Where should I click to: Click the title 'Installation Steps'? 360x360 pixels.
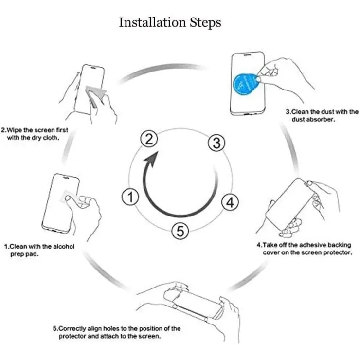point(170,23)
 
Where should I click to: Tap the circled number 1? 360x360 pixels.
point(130,197)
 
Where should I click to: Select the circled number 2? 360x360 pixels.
point(149,139)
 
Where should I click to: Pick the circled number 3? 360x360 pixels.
point(216,143)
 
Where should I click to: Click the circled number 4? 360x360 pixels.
point(230,202)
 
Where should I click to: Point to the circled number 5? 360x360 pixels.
point(180,231)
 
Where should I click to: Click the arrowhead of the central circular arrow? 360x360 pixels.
point(151,158)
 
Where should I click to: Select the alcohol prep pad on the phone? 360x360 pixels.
point(67,197)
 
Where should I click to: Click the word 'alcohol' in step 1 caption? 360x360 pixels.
point(64,247)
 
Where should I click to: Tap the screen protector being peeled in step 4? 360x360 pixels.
point(289,205)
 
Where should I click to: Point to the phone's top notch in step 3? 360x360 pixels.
point(247,55)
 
